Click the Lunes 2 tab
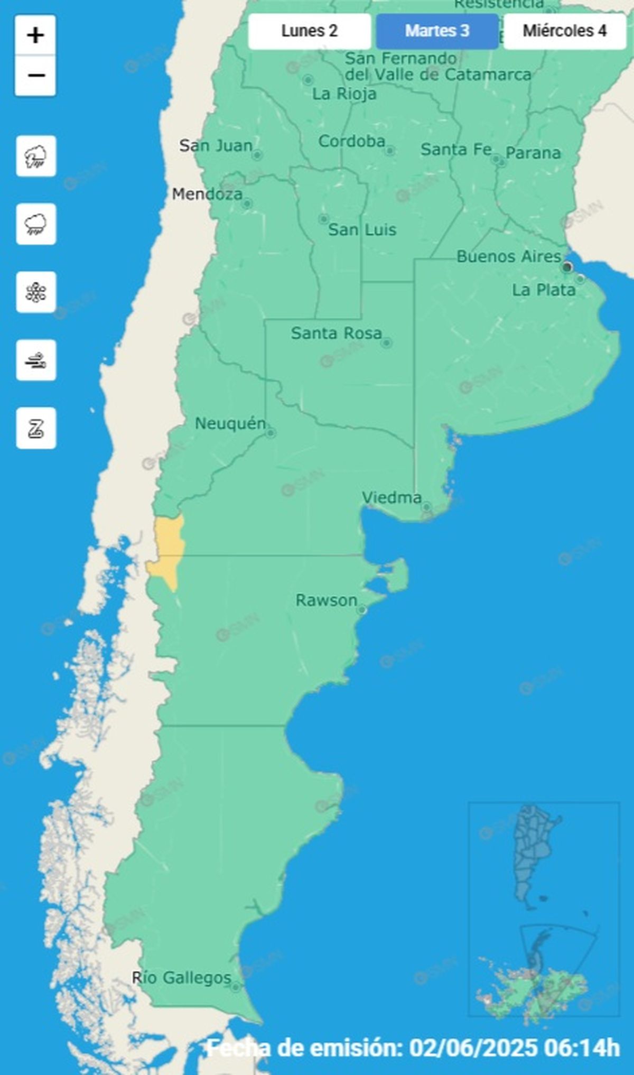pyautogui.click(x=310, y=31)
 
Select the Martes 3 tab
pyautogui.click(x=437, y=31)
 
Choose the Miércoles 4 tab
pyautogui.click(x=564, y=31)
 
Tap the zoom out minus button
pyautogui.click(x=36, y=76)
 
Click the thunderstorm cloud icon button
pyautogui.click(x=36, y=156)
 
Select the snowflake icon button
pyautogui.click(x=36, y=292)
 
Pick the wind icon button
pyautogui.click(x=36, y=360)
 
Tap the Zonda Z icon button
pyautogui.click(x=36, y=428)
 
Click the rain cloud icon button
pyautogui.click(x=36, y=225)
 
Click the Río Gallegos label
pyautogui.click(x=181, y=978)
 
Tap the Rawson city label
pyautogui.click(x=326, y=600)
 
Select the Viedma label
pyautogui.click(x=391, y=497)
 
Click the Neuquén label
pyautogui.click(x=230, y=423)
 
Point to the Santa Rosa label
pyautogui.click(x=336, y=333)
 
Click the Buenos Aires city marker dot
pyautogui.click(x=567, y=267)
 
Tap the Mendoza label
pyautogui.click(x=207, y=194)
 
